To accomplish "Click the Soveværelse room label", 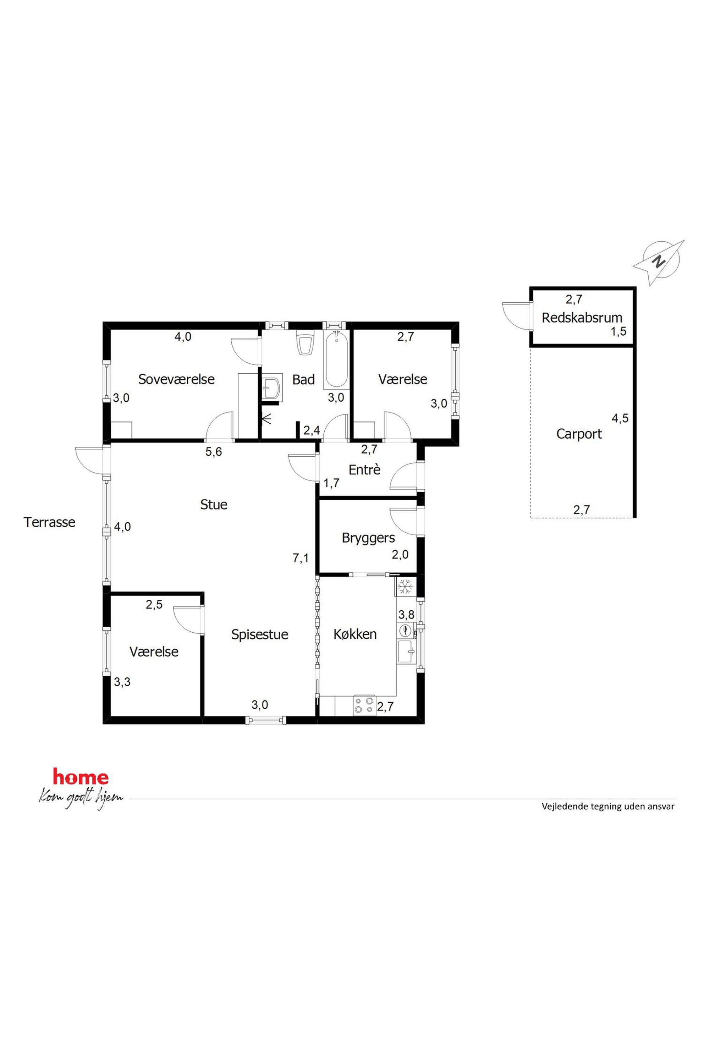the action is click(x=176, y=379).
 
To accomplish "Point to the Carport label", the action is click(x=579, y=434).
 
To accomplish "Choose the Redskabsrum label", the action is click(x=582, y=318).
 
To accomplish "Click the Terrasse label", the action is click(x=49, y=522).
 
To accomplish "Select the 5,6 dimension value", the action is click(x=214, y=452).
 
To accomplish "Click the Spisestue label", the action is click(x=259, y=634).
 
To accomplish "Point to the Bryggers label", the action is click(x=368, y=538).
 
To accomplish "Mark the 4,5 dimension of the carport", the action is click(x=620, y=418).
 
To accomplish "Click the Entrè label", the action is click(x=364, y=470).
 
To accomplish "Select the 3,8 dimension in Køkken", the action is click(x=406, y=615).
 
